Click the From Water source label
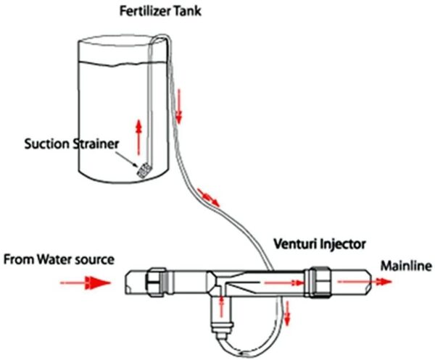pos(59,259)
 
